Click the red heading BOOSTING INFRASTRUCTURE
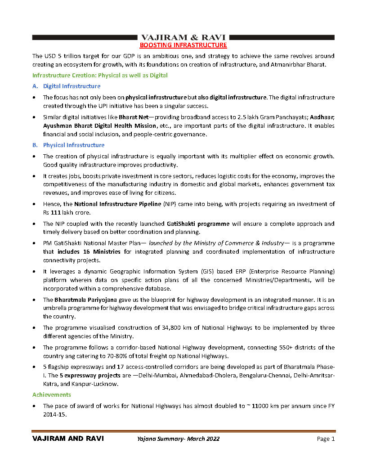[183, 45]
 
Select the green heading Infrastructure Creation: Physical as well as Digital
[100, 75]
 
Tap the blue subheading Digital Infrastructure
[72, 86]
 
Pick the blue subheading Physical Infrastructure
[73, 145]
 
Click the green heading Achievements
[51, 394]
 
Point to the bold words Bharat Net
[131, 117]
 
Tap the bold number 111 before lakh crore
[56, 213]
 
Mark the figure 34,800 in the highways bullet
[171, 328]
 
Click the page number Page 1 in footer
[326, 439]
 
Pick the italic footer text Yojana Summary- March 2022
[179, 439]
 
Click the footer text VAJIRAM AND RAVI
[68, 439]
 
